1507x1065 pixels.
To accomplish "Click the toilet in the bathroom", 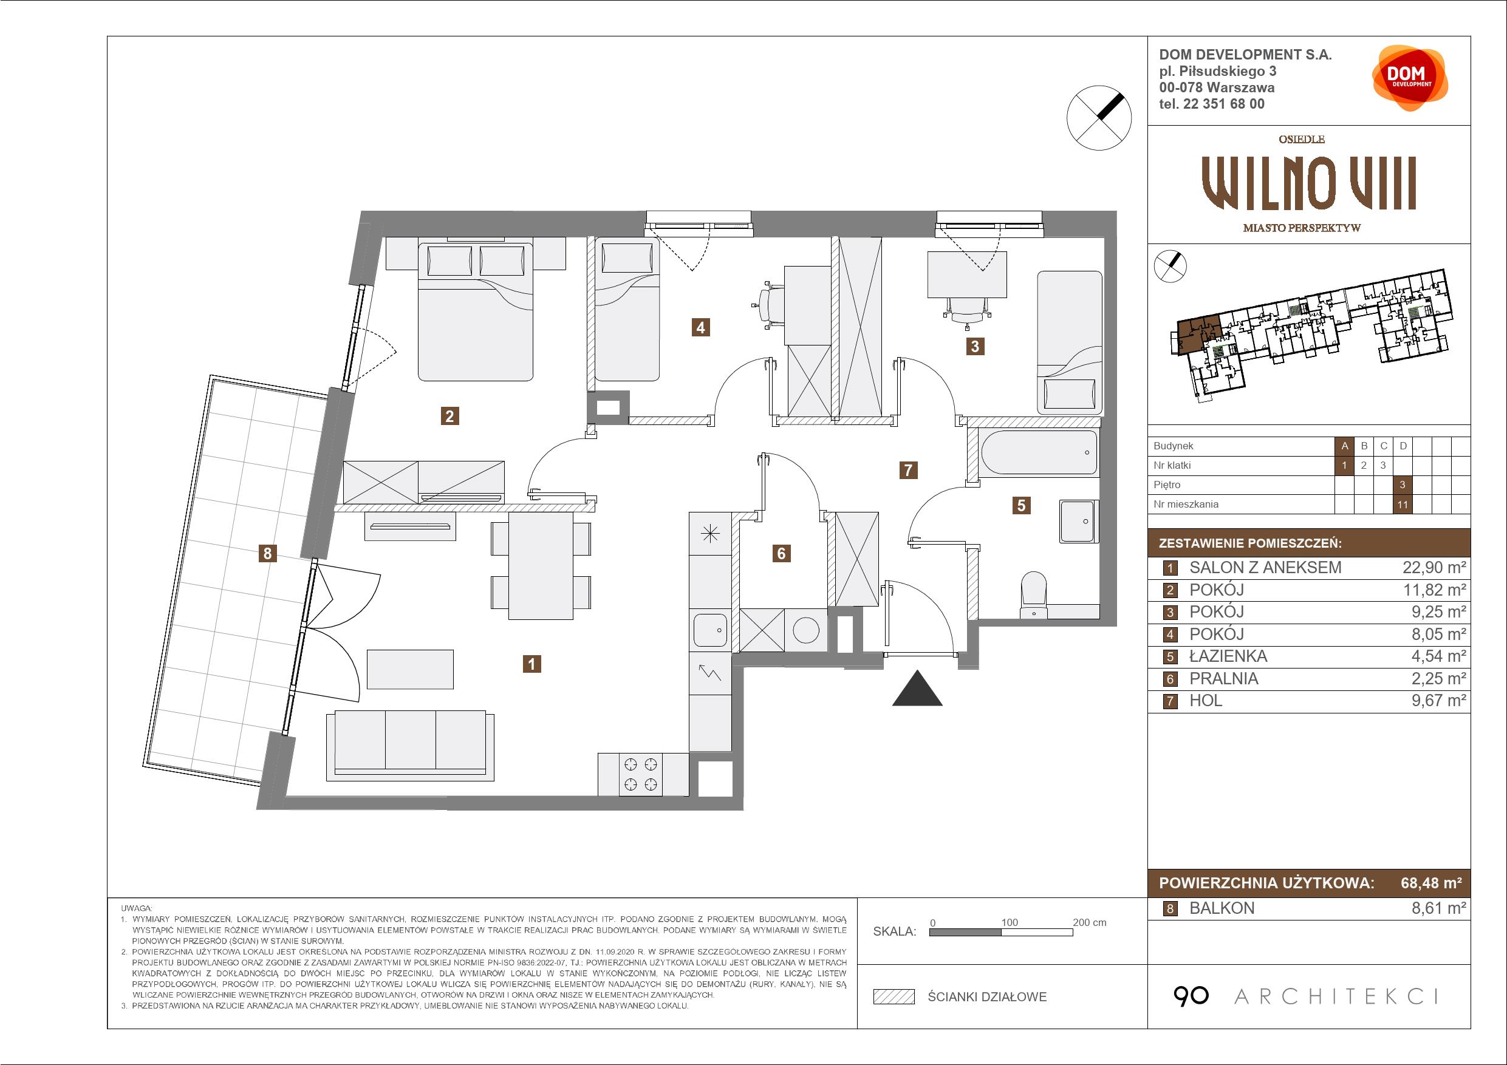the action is point(1034,594).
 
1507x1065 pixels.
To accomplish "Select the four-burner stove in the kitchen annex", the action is point(641,774).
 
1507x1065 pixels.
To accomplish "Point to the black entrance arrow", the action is point(917,689).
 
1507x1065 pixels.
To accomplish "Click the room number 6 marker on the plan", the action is point(781,553).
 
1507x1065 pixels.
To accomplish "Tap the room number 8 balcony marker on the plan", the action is point(267,553).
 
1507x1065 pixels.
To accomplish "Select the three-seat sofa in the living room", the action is point(410,746).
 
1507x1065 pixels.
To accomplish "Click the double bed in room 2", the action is point(476,308).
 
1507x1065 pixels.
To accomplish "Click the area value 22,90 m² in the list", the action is point(1434,568).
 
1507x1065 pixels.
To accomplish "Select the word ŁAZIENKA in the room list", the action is point(1228,656).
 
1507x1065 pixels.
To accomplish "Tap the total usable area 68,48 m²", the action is point(1432,883).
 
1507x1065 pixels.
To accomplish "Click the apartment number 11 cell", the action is point(1403,504).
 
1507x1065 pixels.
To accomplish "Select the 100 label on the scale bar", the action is point(1009,922).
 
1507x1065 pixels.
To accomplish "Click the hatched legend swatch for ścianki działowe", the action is point(894,997).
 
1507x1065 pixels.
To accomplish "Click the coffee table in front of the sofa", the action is point(410,669).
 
